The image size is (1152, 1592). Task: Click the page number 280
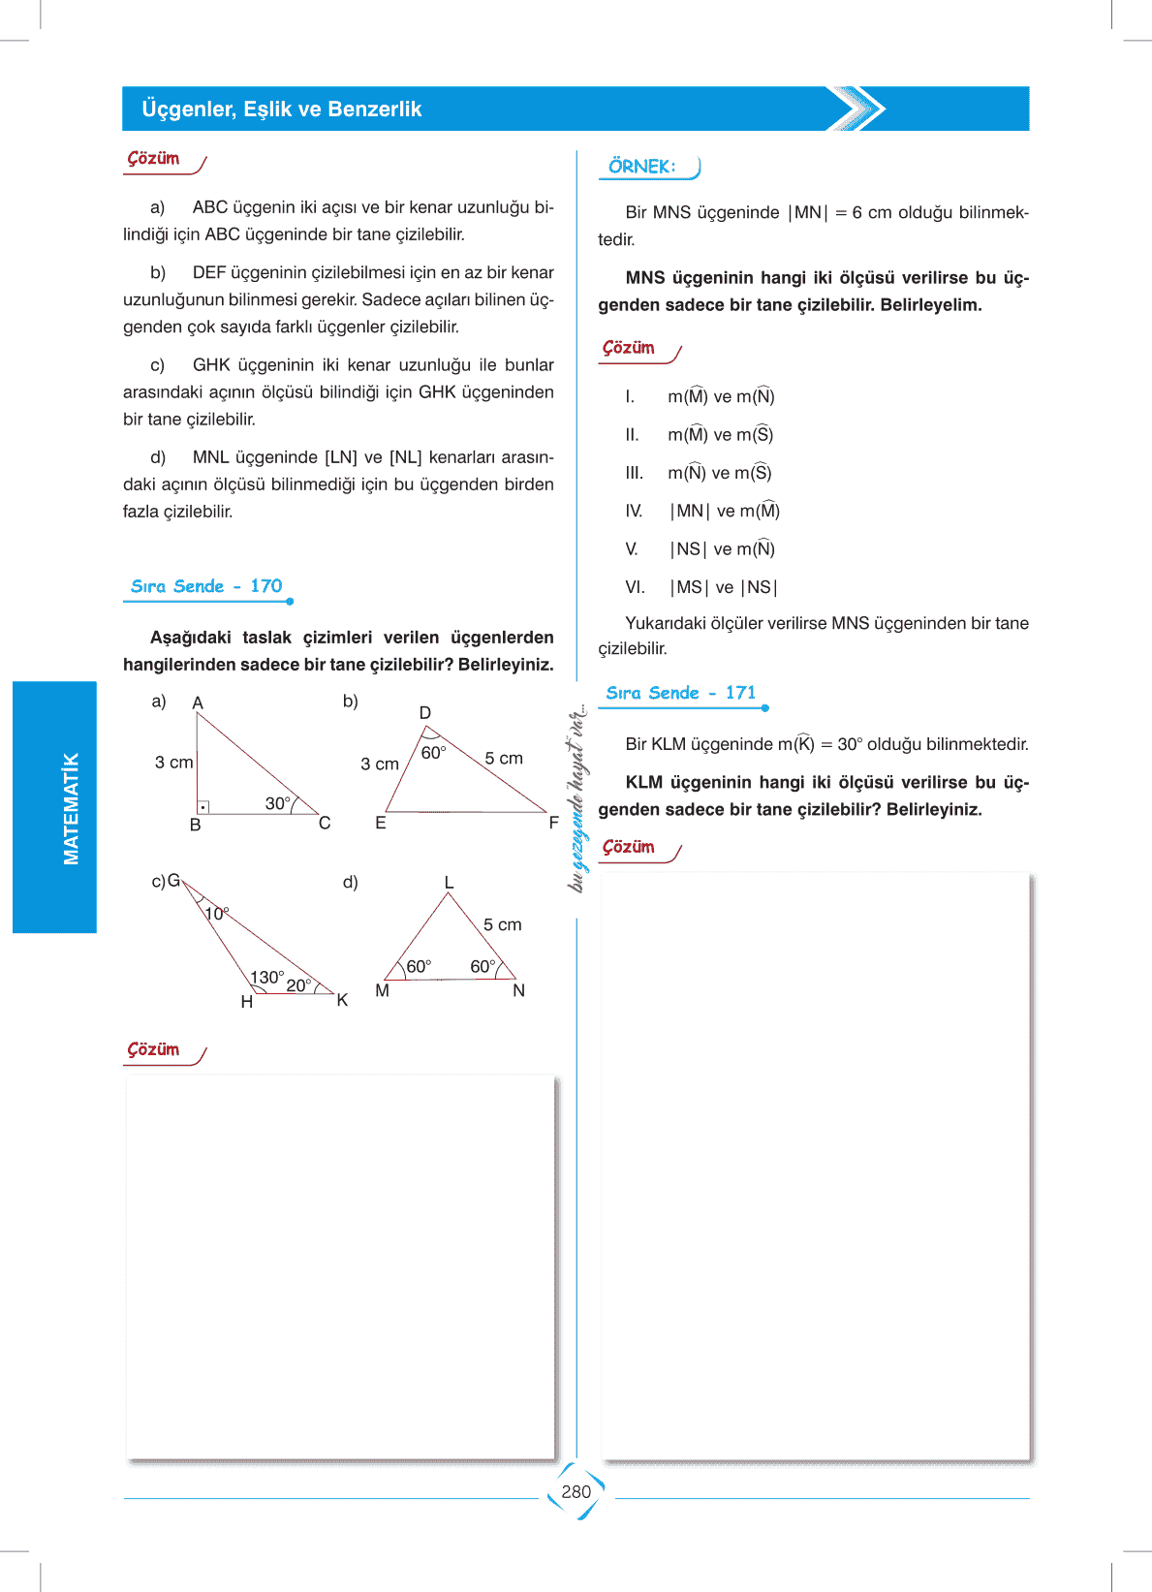pyautogui.click(x=576, y=1492)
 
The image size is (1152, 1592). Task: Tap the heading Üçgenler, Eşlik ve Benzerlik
pyautogui.click(x=281, y=109)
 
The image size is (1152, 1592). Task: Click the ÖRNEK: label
pyautogui.click(x=641, y=167)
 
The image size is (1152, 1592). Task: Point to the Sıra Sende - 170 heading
pyautogui.click(x=206, y=586)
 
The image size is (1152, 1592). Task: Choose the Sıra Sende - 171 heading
pyautogui.click(x=680, y=693)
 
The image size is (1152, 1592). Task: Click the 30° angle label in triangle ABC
pyautogui.click(x=278, y=803)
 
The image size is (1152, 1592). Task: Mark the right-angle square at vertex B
pyautogui.click(x=203, y=806)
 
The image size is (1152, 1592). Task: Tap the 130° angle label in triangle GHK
pyautogui.click(x=267, y=977)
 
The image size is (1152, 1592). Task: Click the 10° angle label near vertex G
pyautogui.click(x=217, y=913)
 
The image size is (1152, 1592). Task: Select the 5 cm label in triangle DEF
pyautogui.click(x=504, y=758)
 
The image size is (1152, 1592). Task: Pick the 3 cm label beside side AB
pyautogui.click(x=174, y=763)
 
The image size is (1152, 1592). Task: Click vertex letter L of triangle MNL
pyautogui.click(x=449, y=882)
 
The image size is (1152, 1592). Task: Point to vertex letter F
pyautogui.click(x=554, y=823)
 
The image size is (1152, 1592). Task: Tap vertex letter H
pyautogui.click(x=247, y=1002)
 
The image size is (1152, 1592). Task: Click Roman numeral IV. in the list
pyautogui.click(x=634, y=511)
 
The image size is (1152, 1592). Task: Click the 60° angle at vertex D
pyautogui.click(x=433, y=753)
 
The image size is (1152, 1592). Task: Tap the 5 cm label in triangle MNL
pyautogui.click(x=503, y=924)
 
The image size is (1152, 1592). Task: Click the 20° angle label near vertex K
pyautogui.click(x=298, y=985)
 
